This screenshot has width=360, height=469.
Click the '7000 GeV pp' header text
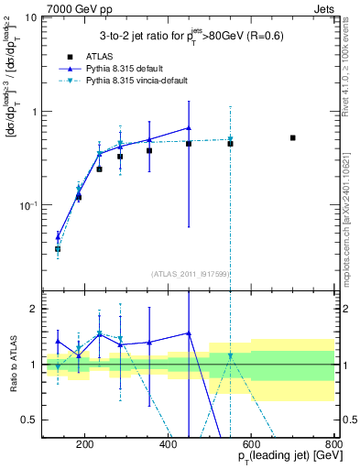coord(41,7)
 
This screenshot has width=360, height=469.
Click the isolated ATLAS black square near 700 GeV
coord(292,138)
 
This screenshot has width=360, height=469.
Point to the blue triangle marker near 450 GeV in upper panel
coord(189,128)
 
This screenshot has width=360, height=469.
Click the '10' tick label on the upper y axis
coord(29,18)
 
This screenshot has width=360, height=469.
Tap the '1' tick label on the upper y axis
coord(33,112)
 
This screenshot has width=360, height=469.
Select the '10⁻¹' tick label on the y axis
coord(27,204)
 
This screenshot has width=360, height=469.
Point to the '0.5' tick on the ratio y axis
coord(29,420)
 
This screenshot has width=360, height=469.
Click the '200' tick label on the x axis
coord(85,445)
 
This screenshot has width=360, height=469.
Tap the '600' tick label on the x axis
coord(251,445)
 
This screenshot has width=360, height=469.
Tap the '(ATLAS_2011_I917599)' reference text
coord(188,274)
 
